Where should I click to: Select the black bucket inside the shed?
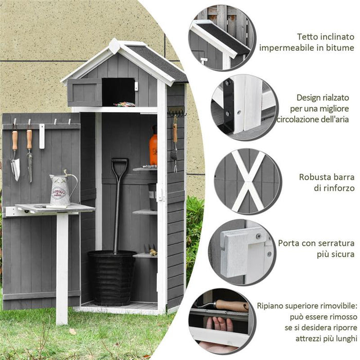[112, 278]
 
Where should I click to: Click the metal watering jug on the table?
[62, 190]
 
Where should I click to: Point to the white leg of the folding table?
[62, 267]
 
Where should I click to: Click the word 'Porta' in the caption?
[289, 243]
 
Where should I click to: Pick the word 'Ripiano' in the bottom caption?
[273, 305]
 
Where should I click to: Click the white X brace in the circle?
[247, 181]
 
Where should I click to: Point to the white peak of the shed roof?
[114, 46]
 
